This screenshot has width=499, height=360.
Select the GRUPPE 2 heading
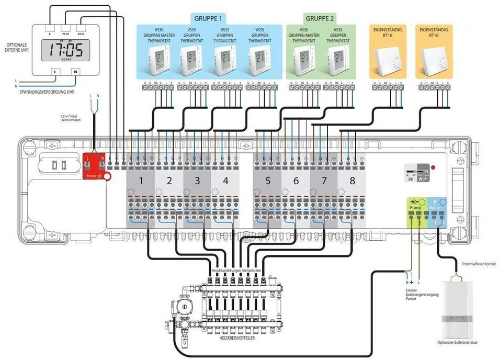tap(320, 17)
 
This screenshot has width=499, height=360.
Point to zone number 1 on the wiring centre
tap(141, 181)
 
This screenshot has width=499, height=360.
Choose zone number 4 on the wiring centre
tap(225, 181)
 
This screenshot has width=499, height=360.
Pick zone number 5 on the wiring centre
tap(267, 181)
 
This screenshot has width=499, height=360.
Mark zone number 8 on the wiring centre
tap(351, 181)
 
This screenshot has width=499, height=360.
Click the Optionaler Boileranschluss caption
tap(458, 343)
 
